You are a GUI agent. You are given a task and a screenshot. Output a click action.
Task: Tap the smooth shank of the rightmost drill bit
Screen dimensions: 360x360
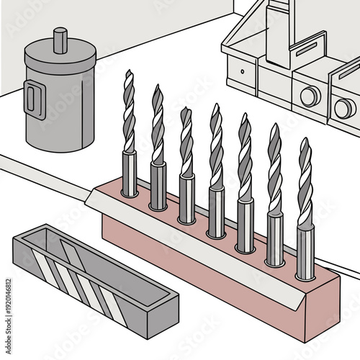click(305, 252)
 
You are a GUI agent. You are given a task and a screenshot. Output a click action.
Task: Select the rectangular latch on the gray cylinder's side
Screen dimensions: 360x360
click(32, 99)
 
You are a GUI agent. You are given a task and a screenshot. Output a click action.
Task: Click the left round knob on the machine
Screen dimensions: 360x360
click(310, 96)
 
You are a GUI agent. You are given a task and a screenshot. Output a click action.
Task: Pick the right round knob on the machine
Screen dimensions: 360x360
click(344, 108)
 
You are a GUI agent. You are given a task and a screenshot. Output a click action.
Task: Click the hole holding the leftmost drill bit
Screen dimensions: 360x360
click(129, 194)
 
